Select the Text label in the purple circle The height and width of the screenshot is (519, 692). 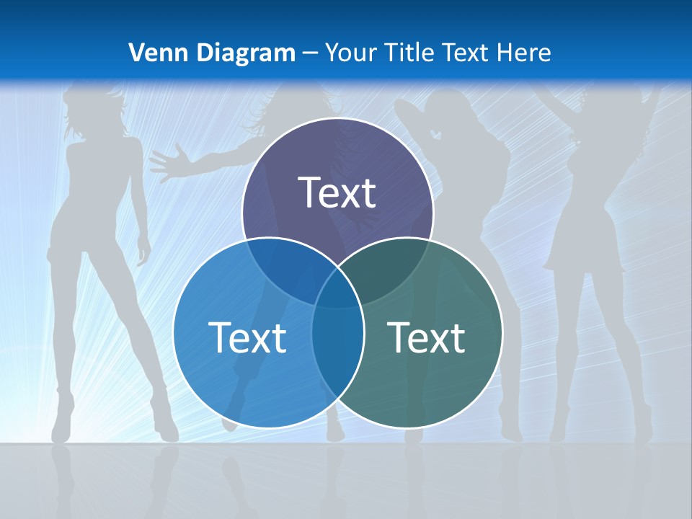coord(337,193)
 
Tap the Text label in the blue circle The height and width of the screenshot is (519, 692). coord(247,337)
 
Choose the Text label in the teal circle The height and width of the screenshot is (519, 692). coord(427,337)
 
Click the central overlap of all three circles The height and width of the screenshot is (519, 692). coord(337,288)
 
